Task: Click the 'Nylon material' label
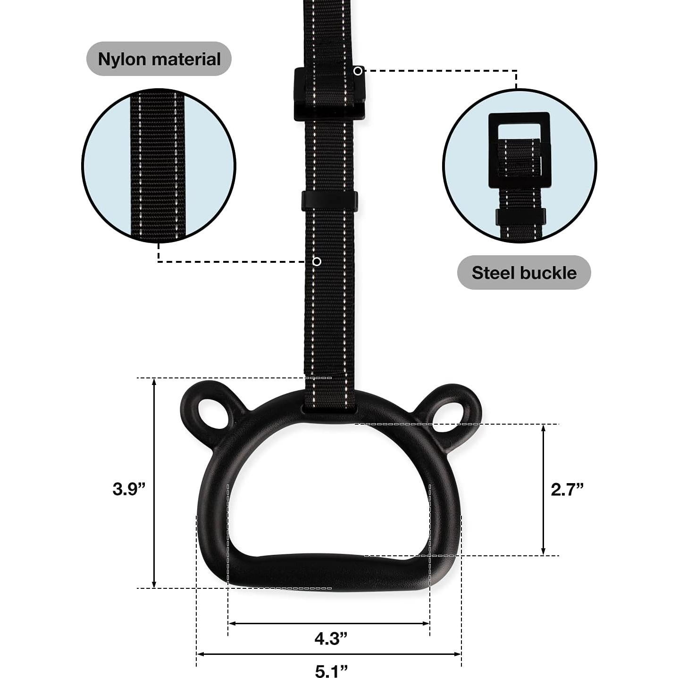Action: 159,59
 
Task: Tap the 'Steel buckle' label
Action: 524,273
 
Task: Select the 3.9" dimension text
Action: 129,489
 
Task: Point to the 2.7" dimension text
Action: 567,489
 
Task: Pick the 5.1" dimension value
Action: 331,670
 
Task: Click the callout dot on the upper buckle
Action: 358,71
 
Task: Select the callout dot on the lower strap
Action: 317,262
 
